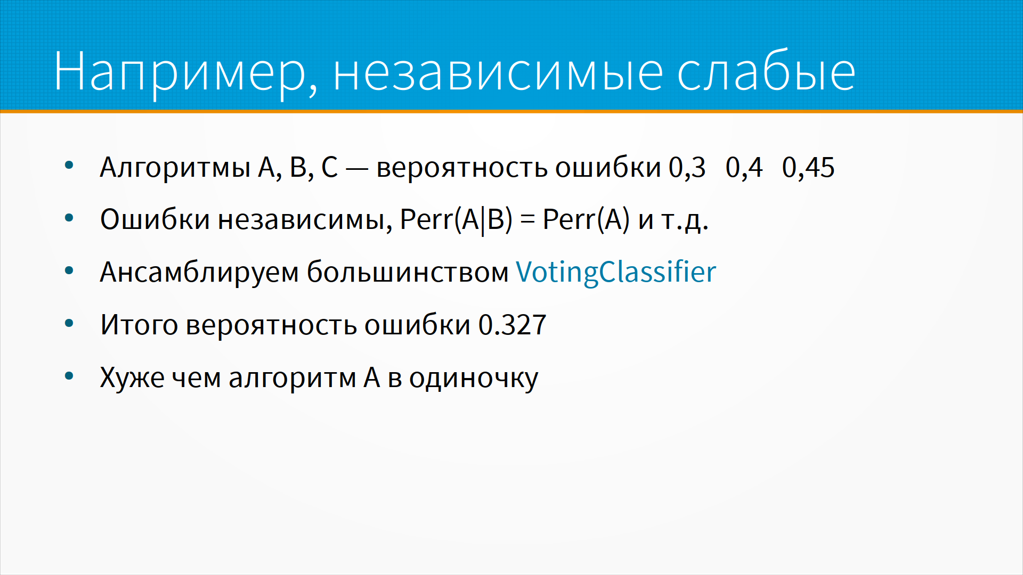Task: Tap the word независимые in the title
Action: point(499,72)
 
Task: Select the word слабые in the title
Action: point(767,70)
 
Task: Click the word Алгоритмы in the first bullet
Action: point(175,167)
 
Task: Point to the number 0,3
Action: point(687,168)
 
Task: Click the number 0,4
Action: point(744,168)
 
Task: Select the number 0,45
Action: point(808,168)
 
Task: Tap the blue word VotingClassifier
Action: point(616,273)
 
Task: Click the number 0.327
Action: point(513,325)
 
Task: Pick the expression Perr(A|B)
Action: point(456,220)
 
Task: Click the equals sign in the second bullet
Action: point(527,220)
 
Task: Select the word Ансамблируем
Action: point(199,273)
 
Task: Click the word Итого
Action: point(139,325)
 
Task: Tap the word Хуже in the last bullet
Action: point(132,379)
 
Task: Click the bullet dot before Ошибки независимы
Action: point(69,218)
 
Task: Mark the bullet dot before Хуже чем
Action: point(69,376)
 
